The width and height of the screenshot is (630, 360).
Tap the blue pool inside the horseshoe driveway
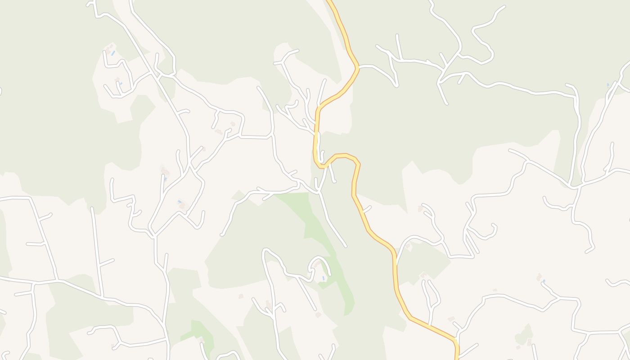tap(324, 278)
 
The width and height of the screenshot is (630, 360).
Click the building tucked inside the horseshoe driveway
tap(317, 265)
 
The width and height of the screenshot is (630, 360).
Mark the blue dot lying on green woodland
tap(607, 85)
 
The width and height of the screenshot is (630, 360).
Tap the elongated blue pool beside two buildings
tap(113, 53)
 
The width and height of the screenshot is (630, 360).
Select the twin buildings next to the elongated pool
tap(108, 47)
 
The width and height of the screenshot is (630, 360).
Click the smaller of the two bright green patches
tap(198, 331)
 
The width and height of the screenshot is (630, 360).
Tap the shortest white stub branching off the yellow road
tap(366, 209)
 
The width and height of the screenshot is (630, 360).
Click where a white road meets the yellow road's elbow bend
tap(359, 67)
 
